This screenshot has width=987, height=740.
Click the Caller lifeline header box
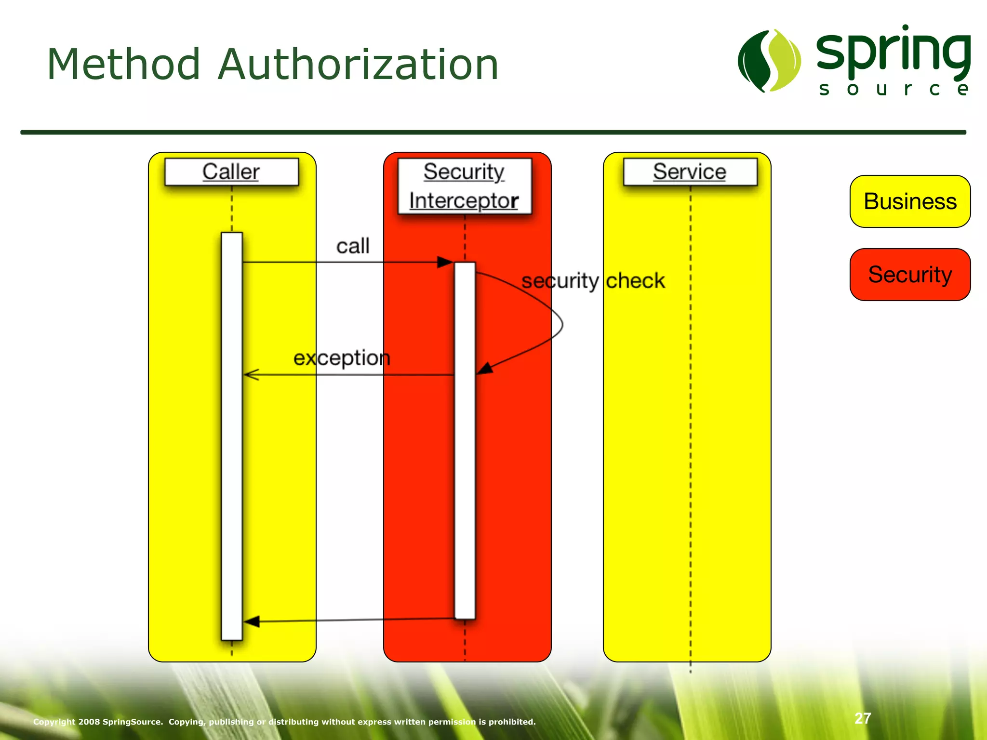(231, 172)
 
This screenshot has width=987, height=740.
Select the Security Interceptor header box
(465, 186)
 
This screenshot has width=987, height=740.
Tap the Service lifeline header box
(690, 172)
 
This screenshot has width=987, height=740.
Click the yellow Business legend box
(910, 201)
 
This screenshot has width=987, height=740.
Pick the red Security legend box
(910, 275)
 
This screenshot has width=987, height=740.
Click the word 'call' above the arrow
(353, 246)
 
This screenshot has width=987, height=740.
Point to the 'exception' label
(342, 358)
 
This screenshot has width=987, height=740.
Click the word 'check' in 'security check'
(635, 280)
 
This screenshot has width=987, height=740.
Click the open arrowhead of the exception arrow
(251, 374)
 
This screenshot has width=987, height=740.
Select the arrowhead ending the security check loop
(485, 369)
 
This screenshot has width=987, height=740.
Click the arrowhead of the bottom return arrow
(252, 621)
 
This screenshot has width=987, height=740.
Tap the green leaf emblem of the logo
(769, 61)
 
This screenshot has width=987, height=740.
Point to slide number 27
(863, 718)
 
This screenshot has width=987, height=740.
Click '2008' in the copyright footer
(89, 722)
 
